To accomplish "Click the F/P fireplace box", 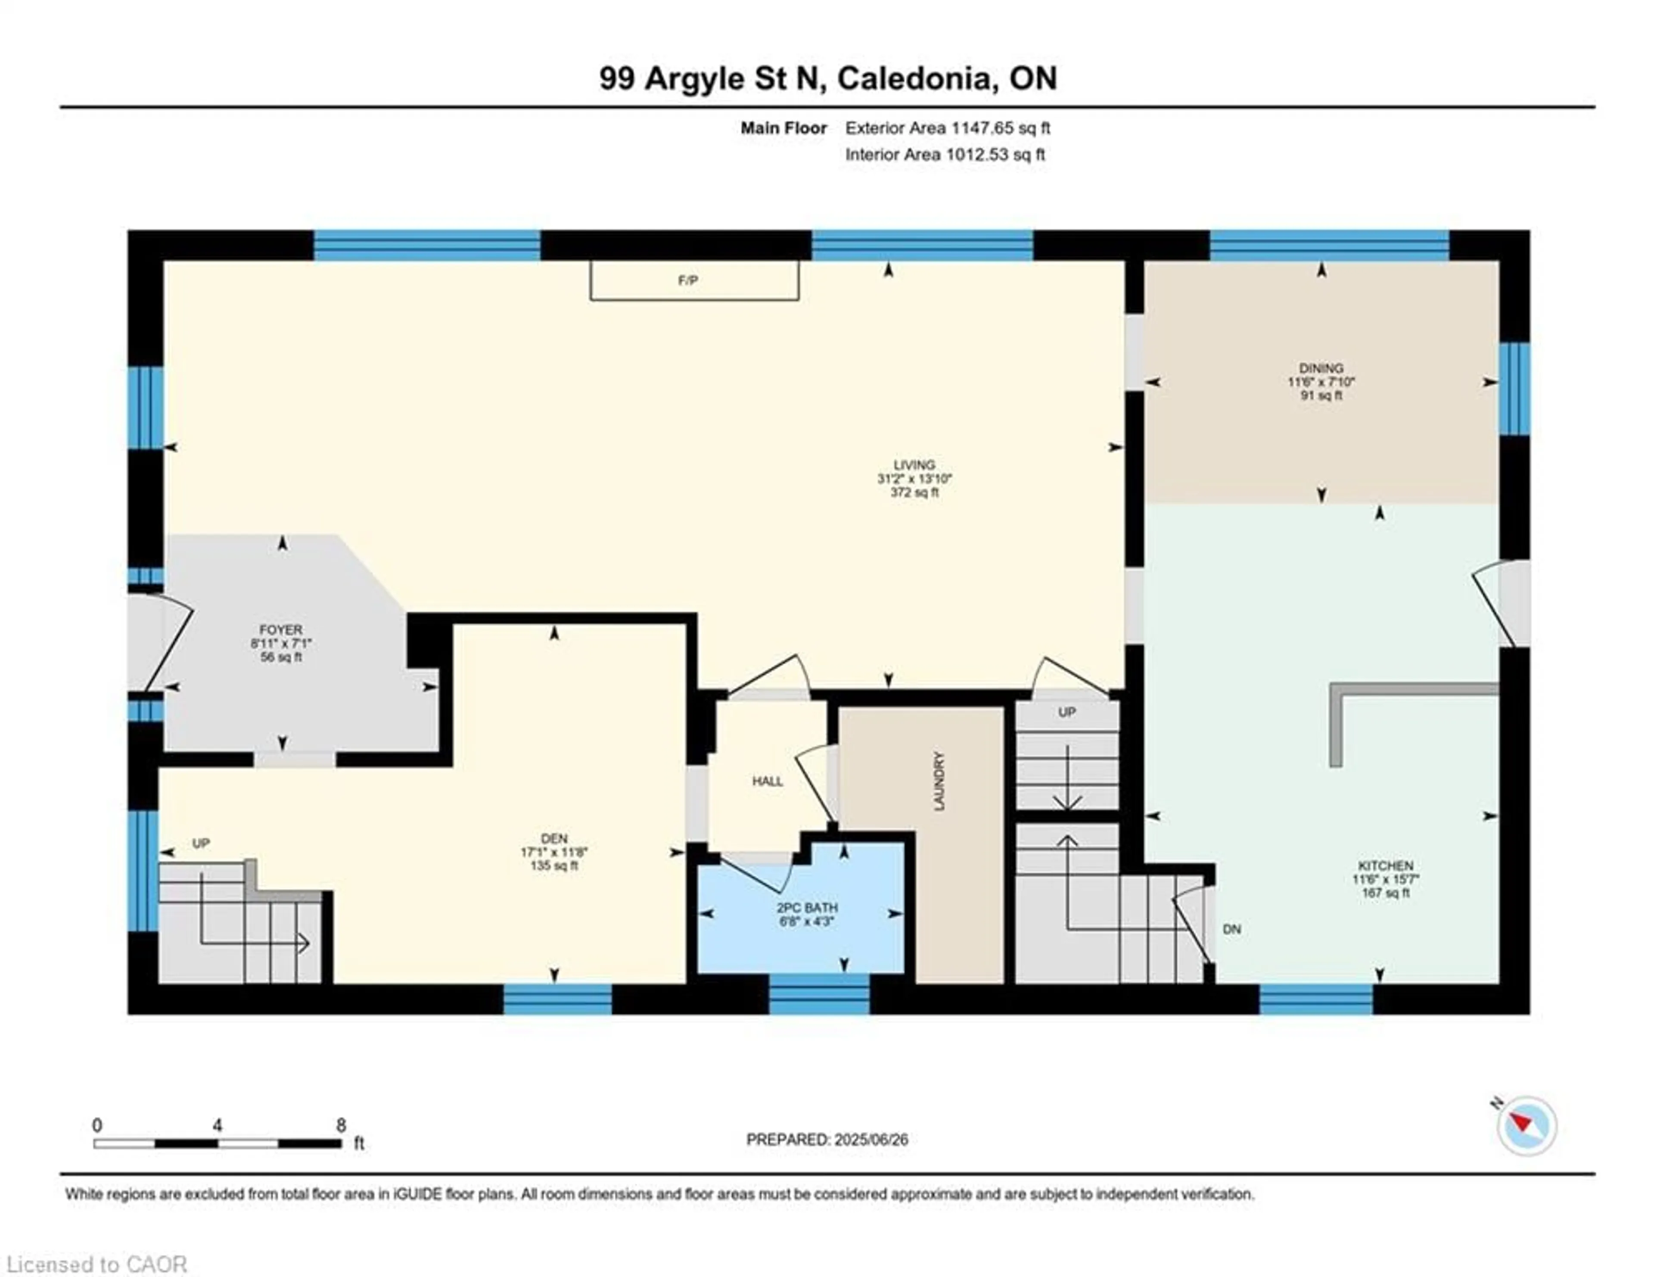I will (x=694, y=280).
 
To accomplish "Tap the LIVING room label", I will (x=914, y=464).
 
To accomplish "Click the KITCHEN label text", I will (x=1385, y=865).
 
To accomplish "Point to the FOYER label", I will (x=281, y=629).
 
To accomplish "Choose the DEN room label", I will (x=554, y=838).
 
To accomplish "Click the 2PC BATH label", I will (x=807, y=907).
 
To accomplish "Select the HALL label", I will (x=767, y=781).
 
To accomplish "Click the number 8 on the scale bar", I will (x=341, y=1125).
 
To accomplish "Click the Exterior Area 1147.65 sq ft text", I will (x=948, y=128).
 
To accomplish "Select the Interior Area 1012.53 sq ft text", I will (x=945, y=155).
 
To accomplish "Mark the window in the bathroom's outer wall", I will (x=819, y=994).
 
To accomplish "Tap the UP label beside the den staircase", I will (x=201, y=843).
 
